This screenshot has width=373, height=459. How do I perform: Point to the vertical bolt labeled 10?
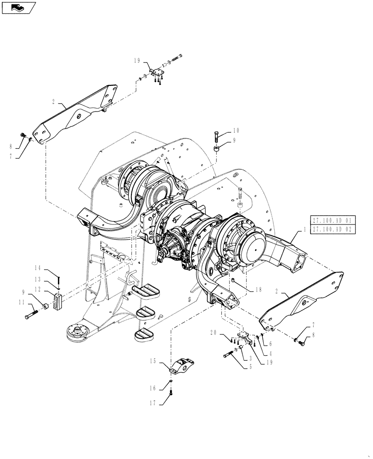pos(216,137)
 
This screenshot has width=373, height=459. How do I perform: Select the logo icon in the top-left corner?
pos(18,7)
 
